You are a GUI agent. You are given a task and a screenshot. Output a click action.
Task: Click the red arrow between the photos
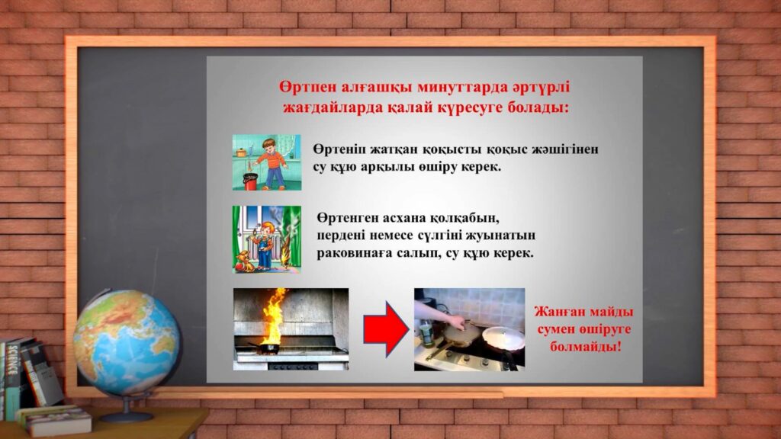387,329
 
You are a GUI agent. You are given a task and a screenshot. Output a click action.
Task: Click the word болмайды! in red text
586,346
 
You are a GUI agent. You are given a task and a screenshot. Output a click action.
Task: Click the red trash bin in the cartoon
250,181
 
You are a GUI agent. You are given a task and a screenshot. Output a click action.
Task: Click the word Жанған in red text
555,312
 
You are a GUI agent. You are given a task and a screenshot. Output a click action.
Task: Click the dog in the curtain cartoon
243,261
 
